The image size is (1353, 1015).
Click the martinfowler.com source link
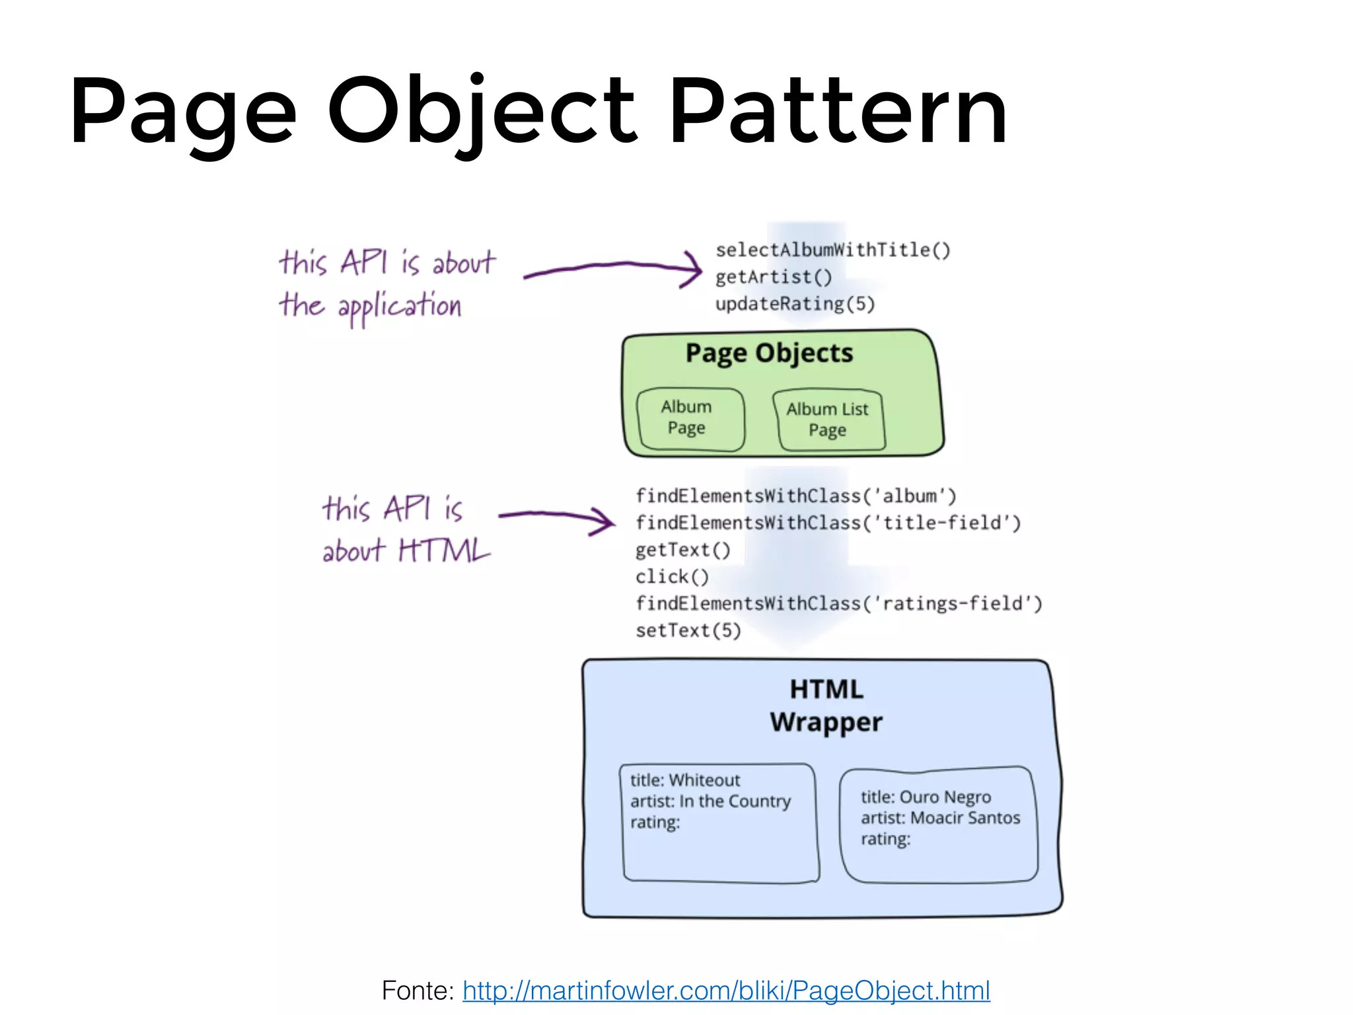(x=726, y=990)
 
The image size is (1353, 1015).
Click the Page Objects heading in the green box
(x=769, y=353)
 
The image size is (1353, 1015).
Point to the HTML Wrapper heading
(x=826, y=706)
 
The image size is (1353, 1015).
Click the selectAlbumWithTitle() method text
(x=832, y=250)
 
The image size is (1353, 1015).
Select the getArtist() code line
(x=773, y=277)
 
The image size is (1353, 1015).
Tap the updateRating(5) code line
(x=795, y=304)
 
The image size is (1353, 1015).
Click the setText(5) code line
(x=688, y=630)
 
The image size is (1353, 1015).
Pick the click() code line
(x=672, y=577)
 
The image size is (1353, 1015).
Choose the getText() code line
(x=682, y=550)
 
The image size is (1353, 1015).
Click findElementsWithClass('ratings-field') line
(x=838, y=603)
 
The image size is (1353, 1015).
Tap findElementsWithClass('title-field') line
(x=828, y=523)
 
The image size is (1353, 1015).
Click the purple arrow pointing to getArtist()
(x=612, y=269)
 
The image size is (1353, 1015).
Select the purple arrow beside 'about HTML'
(x=556, y=518)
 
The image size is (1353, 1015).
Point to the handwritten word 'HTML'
(x=444, y=550)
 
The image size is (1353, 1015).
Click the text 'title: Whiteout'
(x=684, y=780)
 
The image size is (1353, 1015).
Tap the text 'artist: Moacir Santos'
(x=940, y=818)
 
